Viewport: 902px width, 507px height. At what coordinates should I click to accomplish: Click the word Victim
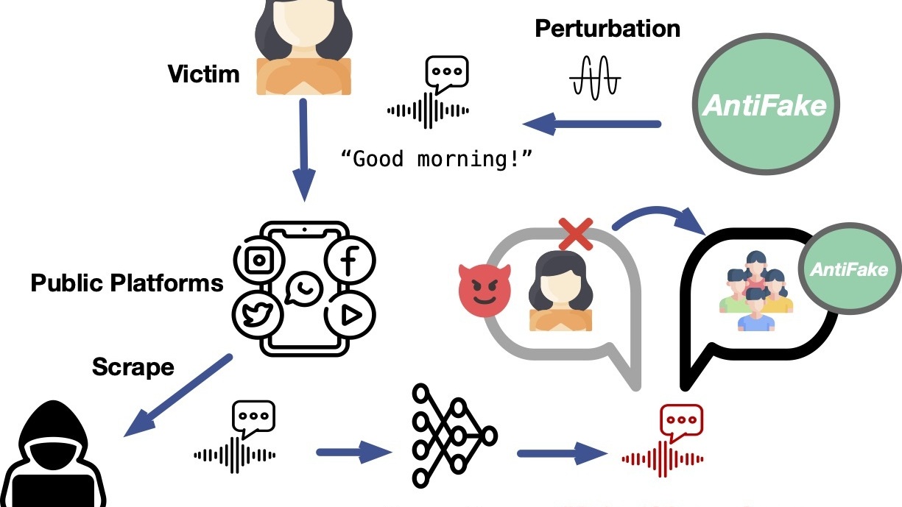click(x=203, y=74)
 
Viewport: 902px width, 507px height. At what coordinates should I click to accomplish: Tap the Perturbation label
click(x=607, y=29)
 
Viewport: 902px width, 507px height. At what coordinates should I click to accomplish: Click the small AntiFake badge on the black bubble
click(x=848, y=270)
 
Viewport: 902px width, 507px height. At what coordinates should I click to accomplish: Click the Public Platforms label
click(x=127, y=283)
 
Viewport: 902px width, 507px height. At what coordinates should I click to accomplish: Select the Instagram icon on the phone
click(x=259, y=260)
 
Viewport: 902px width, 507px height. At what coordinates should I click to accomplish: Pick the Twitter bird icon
click(x=258, y=315)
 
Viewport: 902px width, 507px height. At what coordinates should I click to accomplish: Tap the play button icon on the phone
click(x=350, y=315)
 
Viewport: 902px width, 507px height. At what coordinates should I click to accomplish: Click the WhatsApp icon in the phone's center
click(x=303, y=288)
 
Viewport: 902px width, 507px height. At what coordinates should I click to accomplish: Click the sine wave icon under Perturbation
click(x=595, y=77)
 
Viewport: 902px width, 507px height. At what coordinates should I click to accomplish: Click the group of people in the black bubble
click(x=754, y=291)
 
